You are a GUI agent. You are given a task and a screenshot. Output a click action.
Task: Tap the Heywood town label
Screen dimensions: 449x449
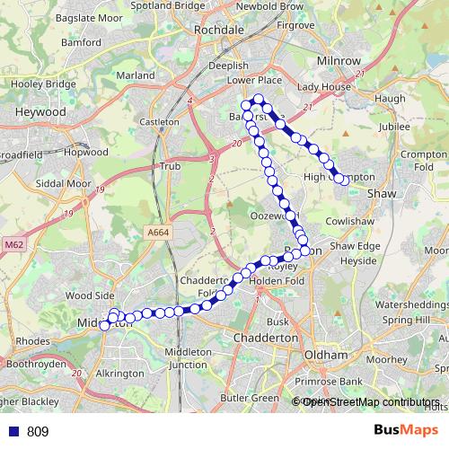tap(40, 111)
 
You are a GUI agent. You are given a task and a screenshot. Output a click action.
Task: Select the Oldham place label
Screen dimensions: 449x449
tap(325, 355)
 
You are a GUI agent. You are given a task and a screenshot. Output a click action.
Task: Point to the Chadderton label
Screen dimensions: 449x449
tap(265, 337)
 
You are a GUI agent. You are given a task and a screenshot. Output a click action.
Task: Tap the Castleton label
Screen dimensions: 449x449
tap(160, 121)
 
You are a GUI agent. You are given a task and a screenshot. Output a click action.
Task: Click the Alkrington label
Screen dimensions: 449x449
tap(119, 373)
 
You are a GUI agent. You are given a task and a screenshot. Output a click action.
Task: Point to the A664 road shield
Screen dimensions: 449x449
tap(158, 232)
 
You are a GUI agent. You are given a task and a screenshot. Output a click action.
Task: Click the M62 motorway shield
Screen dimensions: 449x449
tap(13, 243)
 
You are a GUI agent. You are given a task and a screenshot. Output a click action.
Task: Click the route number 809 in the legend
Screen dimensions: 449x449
tap(38, 432)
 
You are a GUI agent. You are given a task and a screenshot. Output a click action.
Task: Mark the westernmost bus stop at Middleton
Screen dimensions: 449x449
tap(105, 325)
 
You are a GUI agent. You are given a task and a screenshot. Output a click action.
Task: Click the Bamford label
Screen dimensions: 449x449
tap(82, 41)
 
